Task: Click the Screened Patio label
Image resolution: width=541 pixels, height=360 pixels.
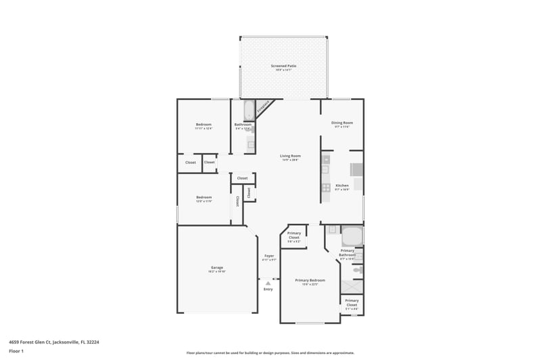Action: (x=283, y=66)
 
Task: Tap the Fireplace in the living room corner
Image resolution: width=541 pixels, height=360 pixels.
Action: (x=263, y=107)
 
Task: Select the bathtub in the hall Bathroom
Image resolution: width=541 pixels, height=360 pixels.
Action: (x=248, y=110)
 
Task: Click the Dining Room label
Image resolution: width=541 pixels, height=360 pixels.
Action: (x=342, y=122)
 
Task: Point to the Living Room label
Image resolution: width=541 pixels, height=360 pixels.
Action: (x=290, y=156)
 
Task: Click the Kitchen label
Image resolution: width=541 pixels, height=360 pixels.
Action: (x=342, y=185)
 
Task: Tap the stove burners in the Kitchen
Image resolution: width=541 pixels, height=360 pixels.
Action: (x=325, y=187)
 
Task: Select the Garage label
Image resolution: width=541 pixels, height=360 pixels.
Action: (x=216, y=267)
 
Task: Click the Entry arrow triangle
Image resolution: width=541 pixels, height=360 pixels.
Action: (x=268, y=283)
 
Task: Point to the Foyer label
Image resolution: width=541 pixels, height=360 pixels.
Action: (x=268, y=256)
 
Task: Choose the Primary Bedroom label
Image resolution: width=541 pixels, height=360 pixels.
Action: (x=310, y=280)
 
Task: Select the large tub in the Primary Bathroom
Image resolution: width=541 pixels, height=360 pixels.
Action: (x=352, y=236)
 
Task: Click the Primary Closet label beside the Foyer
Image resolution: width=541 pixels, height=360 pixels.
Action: (x=294, y=235)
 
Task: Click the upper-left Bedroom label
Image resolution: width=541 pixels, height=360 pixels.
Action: (x=204, y=125)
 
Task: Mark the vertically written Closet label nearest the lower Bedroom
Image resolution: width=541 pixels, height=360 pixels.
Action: (x=238, y=201)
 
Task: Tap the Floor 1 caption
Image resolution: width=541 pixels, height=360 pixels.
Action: (x=16, y=351)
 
